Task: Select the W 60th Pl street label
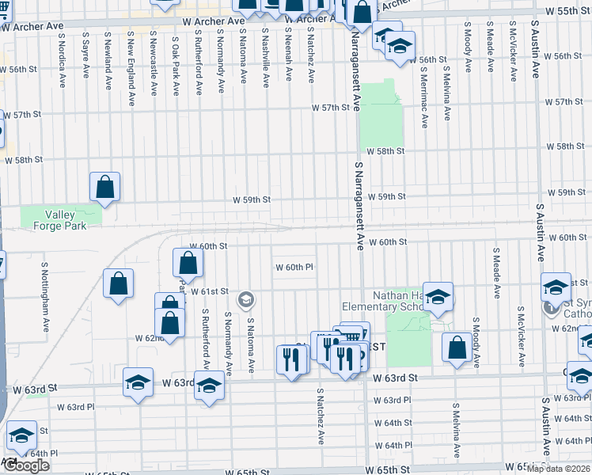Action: [x=295, y=267]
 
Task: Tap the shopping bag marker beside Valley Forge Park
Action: [x=104, y=188]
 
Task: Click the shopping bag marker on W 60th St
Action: [x=188, y=264]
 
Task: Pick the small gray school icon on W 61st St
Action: [x=246, y=298]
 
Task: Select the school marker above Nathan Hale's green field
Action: [x=437, y=297]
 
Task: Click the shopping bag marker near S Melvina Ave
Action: [x=457, y=347]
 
